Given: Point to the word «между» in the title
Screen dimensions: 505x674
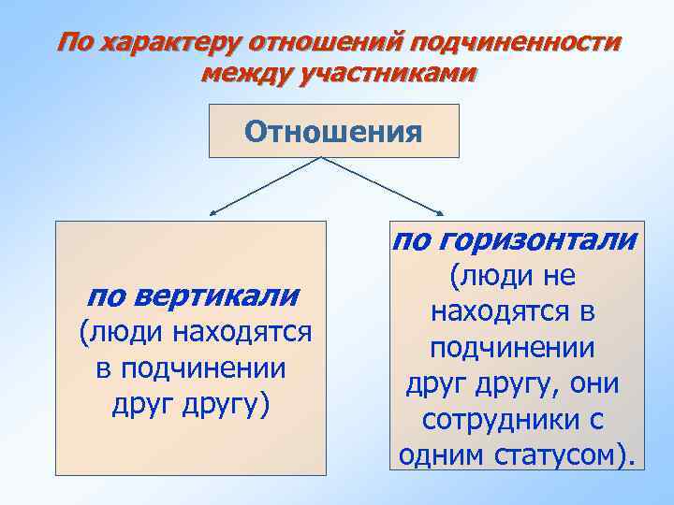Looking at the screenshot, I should pyautogui.click(x=244, y=72).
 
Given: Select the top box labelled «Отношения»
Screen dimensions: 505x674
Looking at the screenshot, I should pyautogui.click(x=333, y=131).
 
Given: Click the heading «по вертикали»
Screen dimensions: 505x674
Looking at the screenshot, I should pyautogui.click(x=192, y=296).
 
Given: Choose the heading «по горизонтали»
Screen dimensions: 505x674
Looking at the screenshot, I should pyautogui.click(x=515, y=240).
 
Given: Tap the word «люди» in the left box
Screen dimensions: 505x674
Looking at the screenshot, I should pyautogui.click(x=122, y=333).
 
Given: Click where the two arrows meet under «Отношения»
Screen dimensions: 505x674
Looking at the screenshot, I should pyautogui.click(x=324, y=158).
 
